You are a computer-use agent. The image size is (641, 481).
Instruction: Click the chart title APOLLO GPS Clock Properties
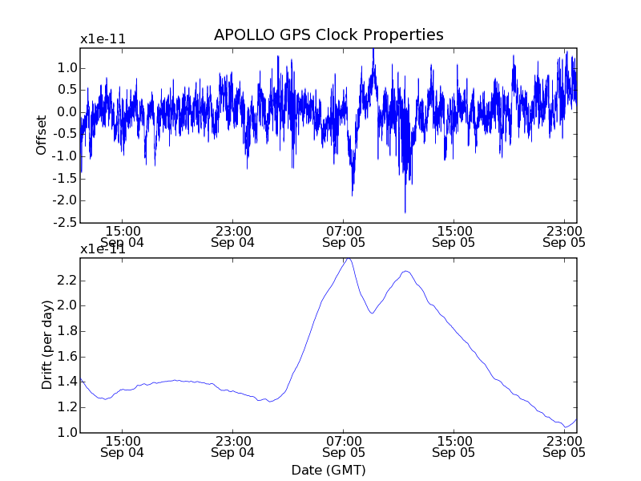click(x=329, y=35)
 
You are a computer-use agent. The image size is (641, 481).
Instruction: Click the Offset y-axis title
click(x=42, y=135)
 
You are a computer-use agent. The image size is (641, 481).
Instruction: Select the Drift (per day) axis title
click(x=47, y=345)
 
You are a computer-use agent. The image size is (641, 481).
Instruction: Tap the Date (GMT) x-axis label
click(x=329, y=469)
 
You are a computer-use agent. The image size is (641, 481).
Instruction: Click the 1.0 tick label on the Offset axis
click(x=67, y=68)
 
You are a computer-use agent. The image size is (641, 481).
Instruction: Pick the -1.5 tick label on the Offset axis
click(x=63, y=178)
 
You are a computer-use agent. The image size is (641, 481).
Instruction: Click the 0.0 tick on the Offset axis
click(x=67, y=112)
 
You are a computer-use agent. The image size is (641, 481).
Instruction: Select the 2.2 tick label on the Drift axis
click(x=67, y=281)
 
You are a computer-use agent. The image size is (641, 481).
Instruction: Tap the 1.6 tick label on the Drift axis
click(x=67, y=357)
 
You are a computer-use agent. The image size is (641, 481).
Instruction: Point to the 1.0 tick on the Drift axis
click(x=67, y=433)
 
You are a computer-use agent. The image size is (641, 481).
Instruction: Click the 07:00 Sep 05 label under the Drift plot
click(x=343, y=447)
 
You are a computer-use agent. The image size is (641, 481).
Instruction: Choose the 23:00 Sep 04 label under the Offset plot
click(x=232, y=236)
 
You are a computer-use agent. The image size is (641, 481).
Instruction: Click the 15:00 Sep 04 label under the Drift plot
click(x=122, y=447)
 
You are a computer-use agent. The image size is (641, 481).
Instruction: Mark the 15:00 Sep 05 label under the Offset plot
click(x=454, y=236)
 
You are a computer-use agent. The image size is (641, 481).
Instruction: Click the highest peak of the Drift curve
click(x=349, y=258)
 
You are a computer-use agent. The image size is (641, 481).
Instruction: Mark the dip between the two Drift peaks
click(x=372, y=313)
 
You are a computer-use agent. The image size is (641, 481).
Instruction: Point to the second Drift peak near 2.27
click(x=406, y=271)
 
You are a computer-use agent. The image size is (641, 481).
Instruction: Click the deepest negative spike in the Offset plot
click(x=405, y=212)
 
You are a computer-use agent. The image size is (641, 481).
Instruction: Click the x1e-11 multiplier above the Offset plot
click(x=103, y=38)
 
